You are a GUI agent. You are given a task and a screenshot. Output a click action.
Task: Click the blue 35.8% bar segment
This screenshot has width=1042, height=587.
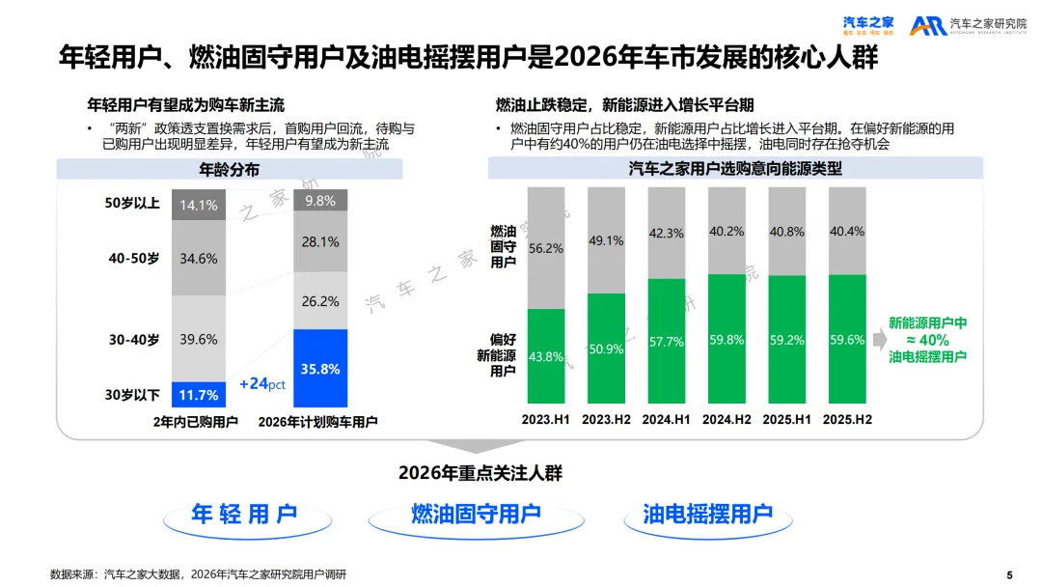[x=320, y=368]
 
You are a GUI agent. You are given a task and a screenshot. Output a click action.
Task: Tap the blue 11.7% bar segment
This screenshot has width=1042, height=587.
[x=199, y=395]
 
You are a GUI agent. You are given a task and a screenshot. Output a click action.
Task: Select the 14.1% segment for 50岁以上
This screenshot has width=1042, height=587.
[x=199, y=205]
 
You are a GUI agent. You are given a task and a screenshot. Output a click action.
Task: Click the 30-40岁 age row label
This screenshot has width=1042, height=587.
[x=134, y=340]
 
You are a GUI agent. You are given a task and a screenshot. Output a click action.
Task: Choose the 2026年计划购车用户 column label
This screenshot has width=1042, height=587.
[x=318, y=422]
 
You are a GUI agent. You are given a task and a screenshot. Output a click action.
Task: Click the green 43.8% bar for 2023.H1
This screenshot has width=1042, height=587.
[x=546, y=357]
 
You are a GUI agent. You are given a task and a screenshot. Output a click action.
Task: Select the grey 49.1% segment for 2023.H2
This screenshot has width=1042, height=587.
[x=606, y=239]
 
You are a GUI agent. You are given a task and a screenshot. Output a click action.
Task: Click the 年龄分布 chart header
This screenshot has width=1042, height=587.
[x=229, y=170]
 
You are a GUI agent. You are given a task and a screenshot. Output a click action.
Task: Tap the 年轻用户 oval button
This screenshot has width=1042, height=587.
[x=244, y=515]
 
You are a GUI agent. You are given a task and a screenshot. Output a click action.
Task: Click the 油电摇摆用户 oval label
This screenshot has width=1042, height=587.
[x=708, y=515]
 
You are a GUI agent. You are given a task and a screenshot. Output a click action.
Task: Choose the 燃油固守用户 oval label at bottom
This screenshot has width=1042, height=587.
[x=476, y=515]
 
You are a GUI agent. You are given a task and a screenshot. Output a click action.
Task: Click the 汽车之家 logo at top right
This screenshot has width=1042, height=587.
[x=868, y=26]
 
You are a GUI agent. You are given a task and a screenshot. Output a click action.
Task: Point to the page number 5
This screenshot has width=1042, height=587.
[x=1009, y=574]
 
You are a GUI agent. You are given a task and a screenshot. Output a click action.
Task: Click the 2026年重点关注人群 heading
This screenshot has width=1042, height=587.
[x=480, y=473]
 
